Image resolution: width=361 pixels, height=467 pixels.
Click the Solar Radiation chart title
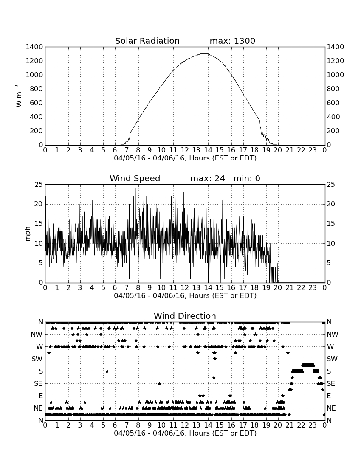tap(147, 41)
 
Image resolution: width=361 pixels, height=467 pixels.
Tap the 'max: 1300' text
tap(232, 41)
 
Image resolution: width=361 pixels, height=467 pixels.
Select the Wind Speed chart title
tap(135, 178)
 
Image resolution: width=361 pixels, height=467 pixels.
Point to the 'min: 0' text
tap(247, 178)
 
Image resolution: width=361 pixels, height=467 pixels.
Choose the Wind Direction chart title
tap(185, 316)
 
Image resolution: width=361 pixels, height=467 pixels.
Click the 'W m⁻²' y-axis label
tap(19, 96)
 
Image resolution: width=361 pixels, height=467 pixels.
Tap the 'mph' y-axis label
tap(28, 234)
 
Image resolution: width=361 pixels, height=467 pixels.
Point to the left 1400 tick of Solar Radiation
tap(34, 47)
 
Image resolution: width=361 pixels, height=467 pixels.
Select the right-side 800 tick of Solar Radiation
tap(333, 89)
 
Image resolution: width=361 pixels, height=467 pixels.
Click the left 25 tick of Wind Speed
tap(39, 185)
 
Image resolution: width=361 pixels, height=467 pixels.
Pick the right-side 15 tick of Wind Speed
tap(331, 224)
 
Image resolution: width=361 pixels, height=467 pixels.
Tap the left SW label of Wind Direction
tap(37, 359)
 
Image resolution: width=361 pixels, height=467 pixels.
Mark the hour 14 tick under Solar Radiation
tap(208, 150)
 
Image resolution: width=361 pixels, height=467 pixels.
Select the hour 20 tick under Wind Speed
tap(278, 287)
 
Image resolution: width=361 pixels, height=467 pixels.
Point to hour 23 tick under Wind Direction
tap(313, 425)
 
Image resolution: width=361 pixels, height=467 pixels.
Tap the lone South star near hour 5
tap(107, 371)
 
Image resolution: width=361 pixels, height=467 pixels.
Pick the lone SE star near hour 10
tap(159, 384)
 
